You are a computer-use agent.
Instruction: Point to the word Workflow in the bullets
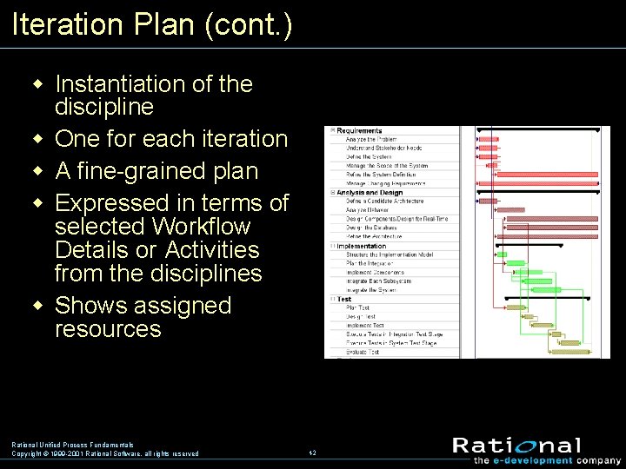point(202,227)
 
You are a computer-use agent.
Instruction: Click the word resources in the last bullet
point(108,329)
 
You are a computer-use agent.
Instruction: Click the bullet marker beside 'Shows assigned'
point(37,306)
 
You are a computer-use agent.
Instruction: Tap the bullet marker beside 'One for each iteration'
point(37,139)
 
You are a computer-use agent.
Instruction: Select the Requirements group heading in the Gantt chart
point(359,130)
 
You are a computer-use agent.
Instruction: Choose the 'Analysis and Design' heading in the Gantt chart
point(370,193)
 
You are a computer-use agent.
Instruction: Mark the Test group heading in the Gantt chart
point(344,299)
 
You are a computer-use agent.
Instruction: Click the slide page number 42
point(312,452)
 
